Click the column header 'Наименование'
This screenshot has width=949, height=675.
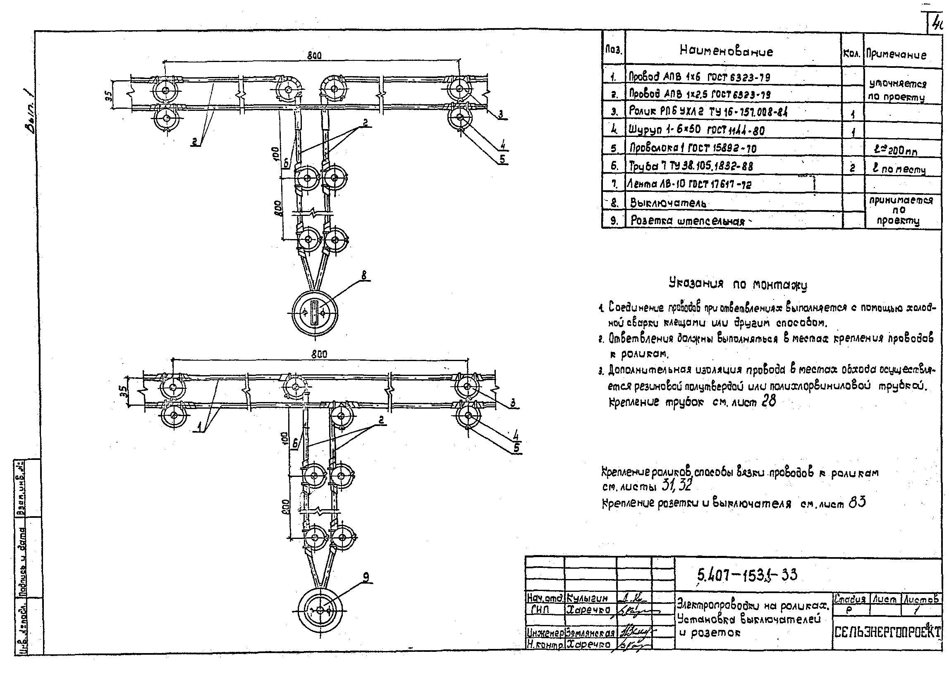coord(726,51)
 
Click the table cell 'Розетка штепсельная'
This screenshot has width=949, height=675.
coord(688,221)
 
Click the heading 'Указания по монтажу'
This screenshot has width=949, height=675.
coord(738,285)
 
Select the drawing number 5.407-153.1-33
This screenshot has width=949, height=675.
coord(748,575)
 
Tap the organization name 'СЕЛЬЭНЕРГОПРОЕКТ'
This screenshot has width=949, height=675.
coord(887,632)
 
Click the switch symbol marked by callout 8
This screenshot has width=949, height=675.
coord(315,312)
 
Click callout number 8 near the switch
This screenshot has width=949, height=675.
coord(364,275)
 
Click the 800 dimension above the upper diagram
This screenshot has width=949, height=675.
coord(314,56)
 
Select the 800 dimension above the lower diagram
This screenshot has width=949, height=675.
coord(319,354)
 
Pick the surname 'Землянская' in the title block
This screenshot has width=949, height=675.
coord(590,633)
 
